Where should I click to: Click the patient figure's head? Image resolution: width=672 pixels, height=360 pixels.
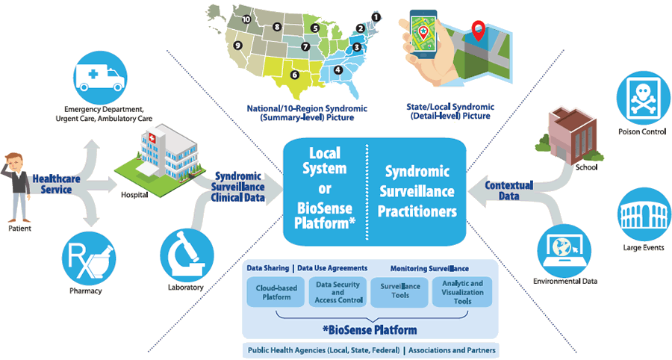16,164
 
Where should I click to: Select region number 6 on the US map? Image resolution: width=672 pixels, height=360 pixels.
295,75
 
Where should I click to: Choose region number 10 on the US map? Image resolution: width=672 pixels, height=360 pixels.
247,19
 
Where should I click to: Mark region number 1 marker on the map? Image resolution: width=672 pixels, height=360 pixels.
376,15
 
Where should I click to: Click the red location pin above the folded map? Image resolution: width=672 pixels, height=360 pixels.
477,32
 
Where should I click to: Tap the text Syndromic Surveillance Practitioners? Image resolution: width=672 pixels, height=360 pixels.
417,191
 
